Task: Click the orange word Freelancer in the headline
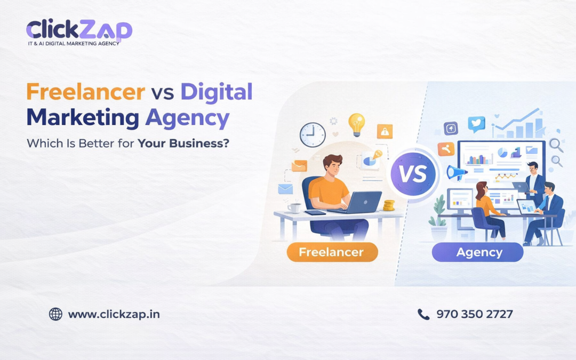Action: pyautogui.click(x=85, y=92)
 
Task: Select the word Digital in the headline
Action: pyautogui.click(x=216, y=92)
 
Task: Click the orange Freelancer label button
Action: pyautogui.click(x=332, y=252)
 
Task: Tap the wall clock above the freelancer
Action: pyautogui.click(x=312, y=135)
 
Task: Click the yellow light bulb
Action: pyautogui.click(x=356, y=124)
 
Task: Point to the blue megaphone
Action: pyautogui.click(x=457, y=172)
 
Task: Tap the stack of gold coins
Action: pyautogui.click(x=389, y=205)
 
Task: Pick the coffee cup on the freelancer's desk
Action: pyautogui.click(x=294, y=207)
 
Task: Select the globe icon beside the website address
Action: pyautogui.click(x=55, y=314)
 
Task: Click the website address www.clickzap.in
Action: pyautogui.click(x=114, y=314)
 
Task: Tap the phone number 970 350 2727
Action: pyautogui.click(x=474, y=314)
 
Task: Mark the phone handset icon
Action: pyautogui.click(x=423, y=314)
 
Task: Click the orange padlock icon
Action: pyautogui.click(x=385, y=131)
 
